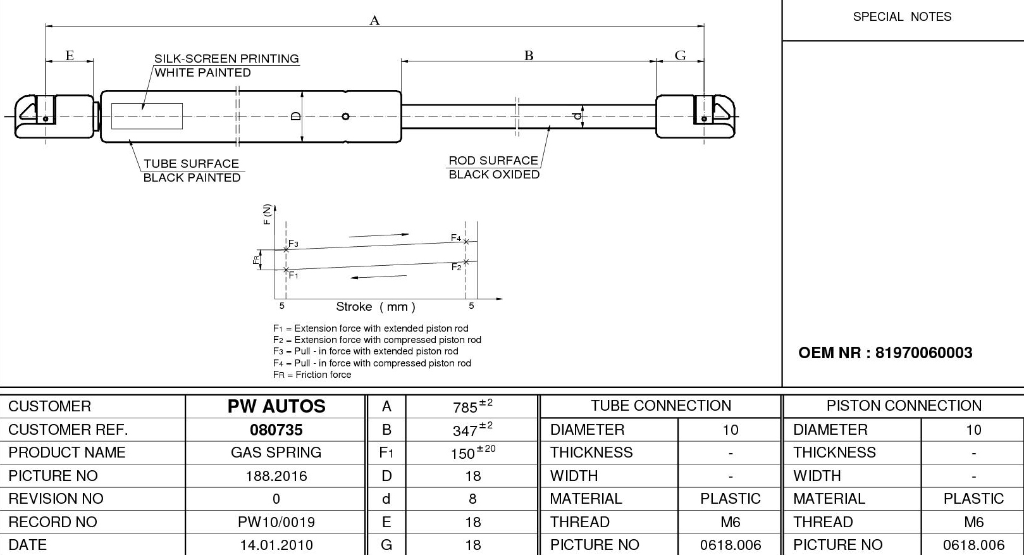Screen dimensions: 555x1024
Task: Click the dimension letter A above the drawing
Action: [x=374, y=21]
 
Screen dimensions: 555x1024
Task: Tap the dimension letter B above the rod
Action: [x=529, y=56]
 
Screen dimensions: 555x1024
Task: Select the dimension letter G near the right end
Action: [x=680, y=56]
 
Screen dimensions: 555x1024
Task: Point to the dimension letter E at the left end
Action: [x=70, y=56]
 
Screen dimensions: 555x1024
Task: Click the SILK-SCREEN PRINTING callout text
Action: [x=226, y=59]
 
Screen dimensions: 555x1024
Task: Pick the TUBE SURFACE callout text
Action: [x=191, y=164]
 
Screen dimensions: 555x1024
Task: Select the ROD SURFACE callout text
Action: [x=493, y=161]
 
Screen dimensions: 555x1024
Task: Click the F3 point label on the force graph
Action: [x=293, y=244]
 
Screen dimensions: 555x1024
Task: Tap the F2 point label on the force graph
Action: [x=456, y=267]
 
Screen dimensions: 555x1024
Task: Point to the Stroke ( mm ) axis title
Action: [x=376, y=307]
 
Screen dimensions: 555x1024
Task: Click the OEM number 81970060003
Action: [x=923, y=353]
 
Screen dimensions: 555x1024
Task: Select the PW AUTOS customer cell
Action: [x=276, y=406]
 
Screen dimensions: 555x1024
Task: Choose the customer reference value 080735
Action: [x=276, y=430]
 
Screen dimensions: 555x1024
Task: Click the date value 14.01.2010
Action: [x=276, y=545]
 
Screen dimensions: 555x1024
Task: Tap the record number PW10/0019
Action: [x=276, y=522]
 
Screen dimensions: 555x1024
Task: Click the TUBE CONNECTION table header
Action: [x=660, y=406]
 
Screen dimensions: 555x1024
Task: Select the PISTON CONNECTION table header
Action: [x=903, y=406]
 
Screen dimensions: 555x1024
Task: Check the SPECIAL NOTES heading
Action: [x=902, y=17]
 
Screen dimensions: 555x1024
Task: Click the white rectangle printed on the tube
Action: [x=147, y=116]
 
